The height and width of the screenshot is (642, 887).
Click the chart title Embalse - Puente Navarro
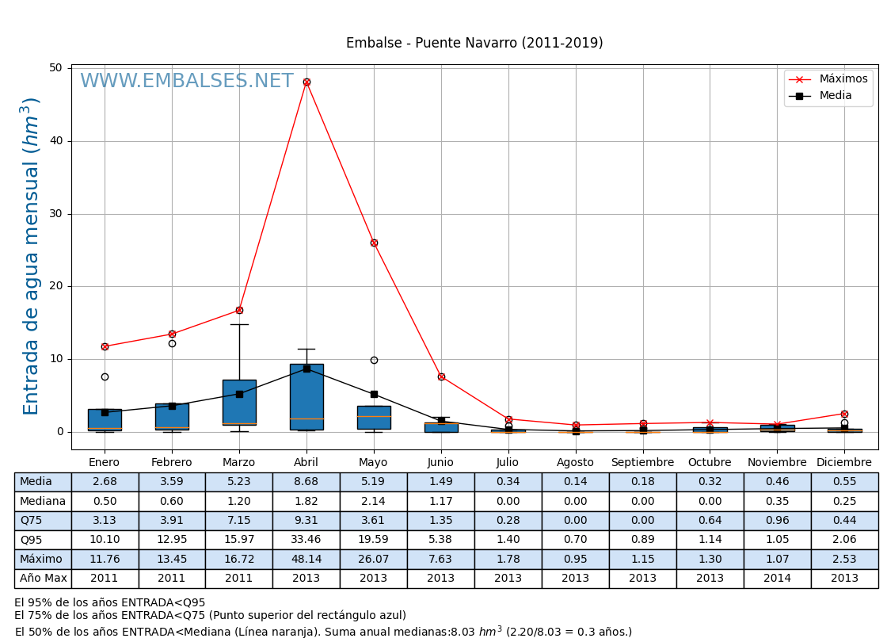tap(474, 43)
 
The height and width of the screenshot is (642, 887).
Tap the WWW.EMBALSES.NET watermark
tap(187, 82)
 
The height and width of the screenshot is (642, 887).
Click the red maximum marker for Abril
tap(306, 82)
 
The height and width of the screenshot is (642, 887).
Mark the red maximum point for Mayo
tap(374, 243)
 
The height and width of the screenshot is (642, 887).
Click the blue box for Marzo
tap(239, 402)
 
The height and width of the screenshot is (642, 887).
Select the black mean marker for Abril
tap(306, 369)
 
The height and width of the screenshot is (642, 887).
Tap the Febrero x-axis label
tap(172, 462)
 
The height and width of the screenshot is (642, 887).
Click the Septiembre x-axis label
tap(642, 462)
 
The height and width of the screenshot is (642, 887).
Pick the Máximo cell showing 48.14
tap(306, 559)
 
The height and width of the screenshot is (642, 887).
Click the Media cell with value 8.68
tap(306, 482)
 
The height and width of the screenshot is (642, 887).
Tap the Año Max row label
tap(43, 579)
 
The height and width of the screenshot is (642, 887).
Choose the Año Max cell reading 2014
tap(777, 579)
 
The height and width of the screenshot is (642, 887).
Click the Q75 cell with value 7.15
tap(239, 521)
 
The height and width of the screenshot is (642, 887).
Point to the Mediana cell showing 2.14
tap(374, 501)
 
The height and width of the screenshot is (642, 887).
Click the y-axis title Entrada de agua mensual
tap(31, 255)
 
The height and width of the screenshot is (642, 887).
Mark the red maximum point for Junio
tap(441, 376)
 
